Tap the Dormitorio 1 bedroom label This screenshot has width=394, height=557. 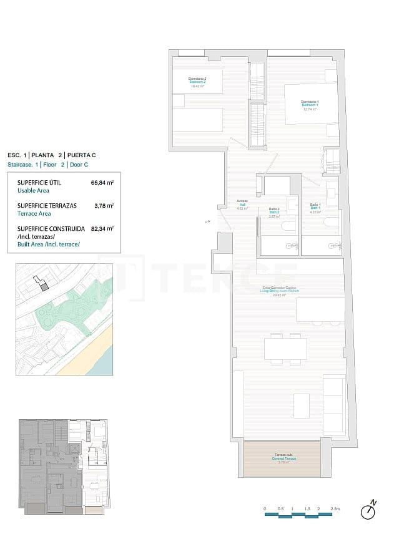(x=310, y=104)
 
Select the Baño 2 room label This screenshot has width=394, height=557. (x=273, y=211)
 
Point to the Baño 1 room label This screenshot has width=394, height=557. (x=315, y=208)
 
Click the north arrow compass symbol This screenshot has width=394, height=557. (x=369, y=510)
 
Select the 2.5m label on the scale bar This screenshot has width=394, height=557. (x=335, y=509)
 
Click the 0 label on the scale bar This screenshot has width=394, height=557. (x=265, y=509)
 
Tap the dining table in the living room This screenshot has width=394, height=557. (x=285, y=349)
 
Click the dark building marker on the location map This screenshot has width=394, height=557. (x=44, y=286)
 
